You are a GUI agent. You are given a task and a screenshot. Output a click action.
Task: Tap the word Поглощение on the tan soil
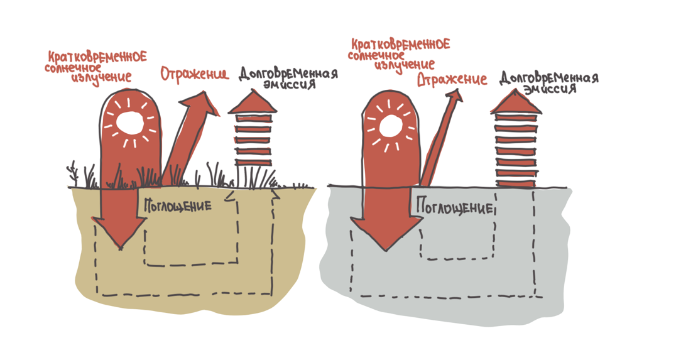178,205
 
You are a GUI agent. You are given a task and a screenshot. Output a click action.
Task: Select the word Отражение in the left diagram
194,75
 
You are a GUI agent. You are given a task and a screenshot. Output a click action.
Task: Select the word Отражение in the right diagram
452,80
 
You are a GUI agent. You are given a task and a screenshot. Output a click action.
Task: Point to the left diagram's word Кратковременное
96,57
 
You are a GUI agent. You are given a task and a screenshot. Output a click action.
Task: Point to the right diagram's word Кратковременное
400,45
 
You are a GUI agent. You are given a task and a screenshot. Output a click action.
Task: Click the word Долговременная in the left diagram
288,74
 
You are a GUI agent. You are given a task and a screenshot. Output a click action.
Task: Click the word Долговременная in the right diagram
548,79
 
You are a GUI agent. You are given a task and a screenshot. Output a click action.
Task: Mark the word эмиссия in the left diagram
289,85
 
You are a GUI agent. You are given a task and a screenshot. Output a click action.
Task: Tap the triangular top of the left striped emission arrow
252,102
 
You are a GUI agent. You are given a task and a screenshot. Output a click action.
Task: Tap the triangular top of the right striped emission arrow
515,104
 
